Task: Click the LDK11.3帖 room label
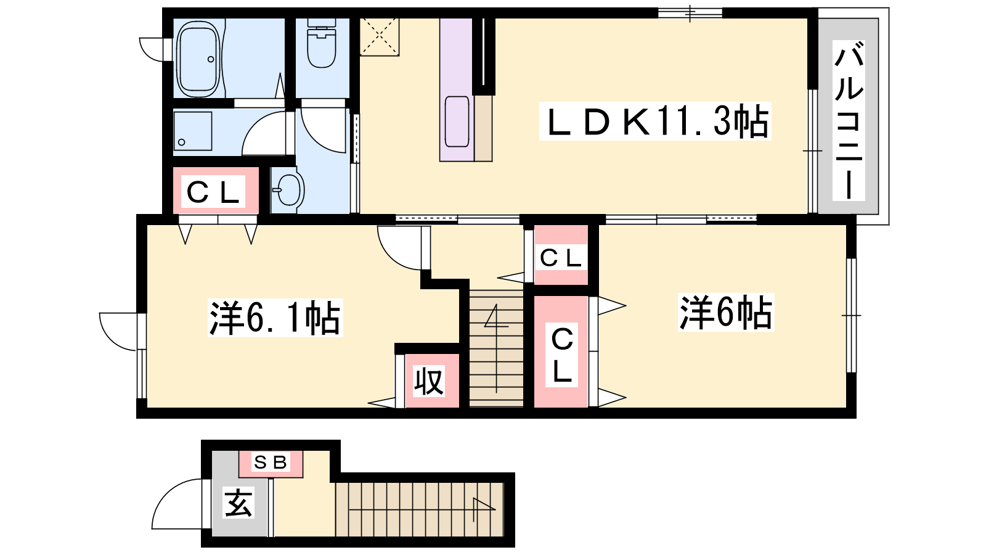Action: click(655, 121)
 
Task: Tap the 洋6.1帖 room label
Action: click(275, 318)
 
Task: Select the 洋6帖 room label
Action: click(726, 313)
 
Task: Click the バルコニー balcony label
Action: click(849, 120)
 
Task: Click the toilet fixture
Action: click(321, 43)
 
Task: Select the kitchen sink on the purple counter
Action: click(457, 121)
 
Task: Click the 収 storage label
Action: click(429, 382)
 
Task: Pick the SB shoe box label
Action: click(271, 462)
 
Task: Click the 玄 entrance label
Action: click(238, 503)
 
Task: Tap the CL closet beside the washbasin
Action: click(215, 191)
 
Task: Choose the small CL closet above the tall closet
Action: click(561, 255)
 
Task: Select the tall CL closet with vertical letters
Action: click(561, 351)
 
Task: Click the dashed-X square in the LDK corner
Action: click(379, 37)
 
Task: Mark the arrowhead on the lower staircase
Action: click(484, 505)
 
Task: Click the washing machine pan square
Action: click(193, 131)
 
